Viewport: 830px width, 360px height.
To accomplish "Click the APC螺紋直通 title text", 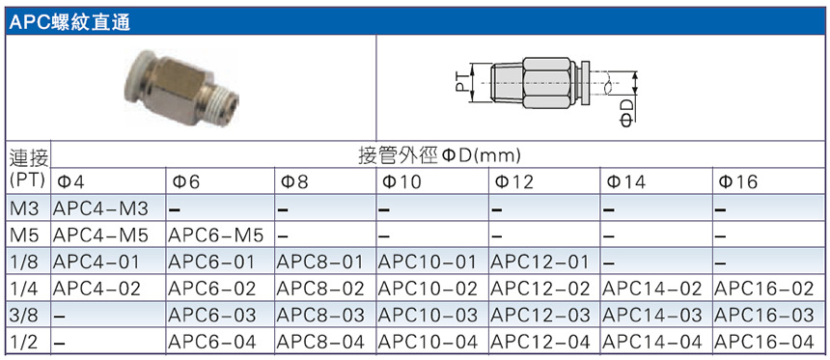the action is pyautogui.click(x=69, y=21).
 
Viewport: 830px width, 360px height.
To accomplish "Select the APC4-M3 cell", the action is pyautogui.click(x=100, y=209).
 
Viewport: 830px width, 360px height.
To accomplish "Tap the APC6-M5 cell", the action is pyautogui.click(x=215, y=236).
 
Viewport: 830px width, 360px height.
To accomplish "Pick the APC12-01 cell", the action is pyautogui.click(x=539, y=263).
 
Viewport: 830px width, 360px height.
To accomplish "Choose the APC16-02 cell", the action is pyautogui.click(x=763, y=289).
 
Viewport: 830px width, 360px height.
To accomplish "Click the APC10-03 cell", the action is pyautogui.click(x=428, y=315).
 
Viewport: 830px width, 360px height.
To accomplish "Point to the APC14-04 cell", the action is pyautogui.click(x=652, y=342).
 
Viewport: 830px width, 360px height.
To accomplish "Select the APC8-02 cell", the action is pyautogui.click(x=320, y=289).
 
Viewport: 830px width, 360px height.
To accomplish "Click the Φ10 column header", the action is pyautogui.click(x=400, y=182).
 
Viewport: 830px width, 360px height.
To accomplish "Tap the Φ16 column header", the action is pyautogui.click(x=738, y=182).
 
